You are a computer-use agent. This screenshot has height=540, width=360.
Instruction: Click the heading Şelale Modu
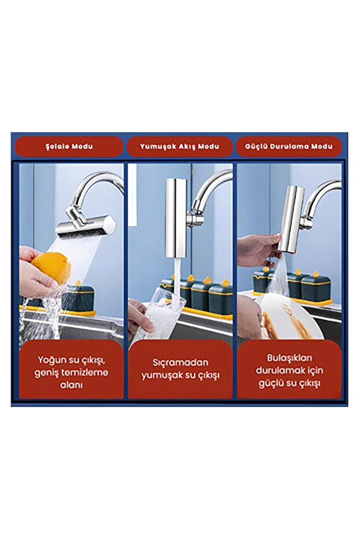point(69,146)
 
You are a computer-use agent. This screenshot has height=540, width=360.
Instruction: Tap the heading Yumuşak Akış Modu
point(179,146)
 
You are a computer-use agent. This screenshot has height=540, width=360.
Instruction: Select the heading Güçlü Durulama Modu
point(289,146)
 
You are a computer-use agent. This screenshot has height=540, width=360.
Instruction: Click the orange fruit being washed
point(52,267)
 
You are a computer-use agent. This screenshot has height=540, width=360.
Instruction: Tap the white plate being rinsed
point(289,316)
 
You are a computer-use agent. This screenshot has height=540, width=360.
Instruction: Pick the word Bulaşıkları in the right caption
point(289,358)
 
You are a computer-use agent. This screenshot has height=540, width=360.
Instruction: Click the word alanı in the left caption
point(71,385)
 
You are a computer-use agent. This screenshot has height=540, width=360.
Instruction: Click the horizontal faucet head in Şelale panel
point(86,226)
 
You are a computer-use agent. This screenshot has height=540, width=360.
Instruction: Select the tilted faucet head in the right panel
point(292,219)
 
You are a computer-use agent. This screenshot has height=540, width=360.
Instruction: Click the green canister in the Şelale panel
point(78,298)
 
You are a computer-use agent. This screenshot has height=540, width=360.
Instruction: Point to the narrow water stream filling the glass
point(177,281)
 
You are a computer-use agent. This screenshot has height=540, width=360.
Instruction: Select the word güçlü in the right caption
point(271,383)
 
